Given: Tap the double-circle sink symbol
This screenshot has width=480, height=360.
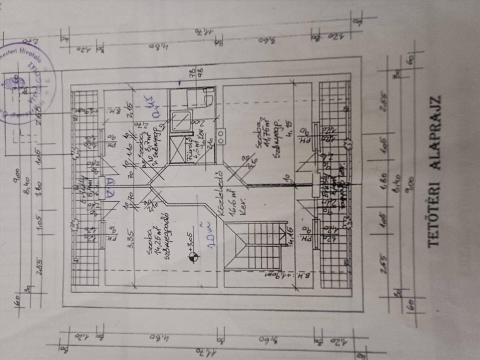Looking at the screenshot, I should (220, 136).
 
